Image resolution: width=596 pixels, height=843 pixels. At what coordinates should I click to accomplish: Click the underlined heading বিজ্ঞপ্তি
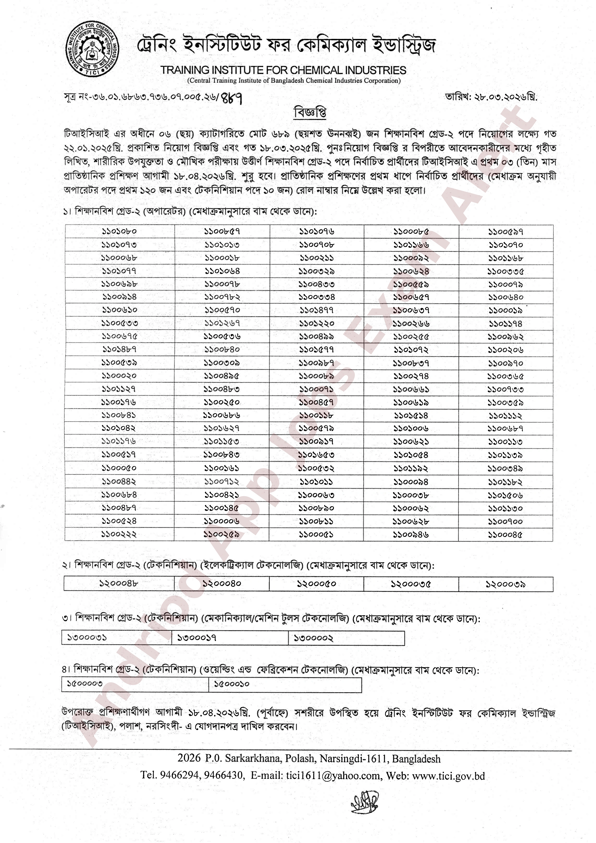(310, 113)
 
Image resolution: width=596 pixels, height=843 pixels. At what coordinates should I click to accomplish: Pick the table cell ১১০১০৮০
(119, 231)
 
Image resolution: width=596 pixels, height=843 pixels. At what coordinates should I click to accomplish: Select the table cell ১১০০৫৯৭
(506, 232)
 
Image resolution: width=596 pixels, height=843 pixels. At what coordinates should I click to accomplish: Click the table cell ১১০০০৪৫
(505, 535)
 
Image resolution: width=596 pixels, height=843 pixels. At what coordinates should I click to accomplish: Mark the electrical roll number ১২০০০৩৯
(506, 584)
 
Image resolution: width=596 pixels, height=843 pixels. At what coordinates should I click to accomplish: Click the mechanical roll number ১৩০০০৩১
(87, 638)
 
